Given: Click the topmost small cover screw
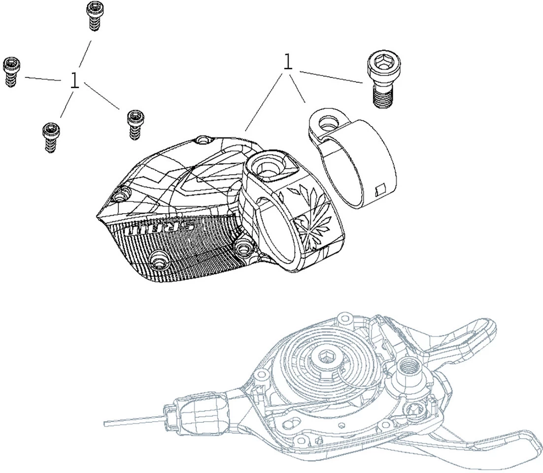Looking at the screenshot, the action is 95,16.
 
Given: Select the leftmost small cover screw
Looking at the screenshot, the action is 11,72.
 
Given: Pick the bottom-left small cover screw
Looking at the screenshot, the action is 51,137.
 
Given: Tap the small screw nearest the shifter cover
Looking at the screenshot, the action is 136,125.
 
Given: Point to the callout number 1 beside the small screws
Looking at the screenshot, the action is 74,80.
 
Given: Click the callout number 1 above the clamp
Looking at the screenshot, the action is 288,62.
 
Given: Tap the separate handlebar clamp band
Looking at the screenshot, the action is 352,158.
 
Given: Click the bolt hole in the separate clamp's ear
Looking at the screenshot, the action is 327,122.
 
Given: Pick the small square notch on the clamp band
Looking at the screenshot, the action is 380,189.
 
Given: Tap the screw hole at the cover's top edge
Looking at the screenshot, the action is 204,140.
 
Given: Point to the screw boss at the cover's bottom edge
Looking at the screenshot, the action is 160,260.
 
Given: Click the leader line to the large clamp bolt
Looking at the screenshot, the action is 331,77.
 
